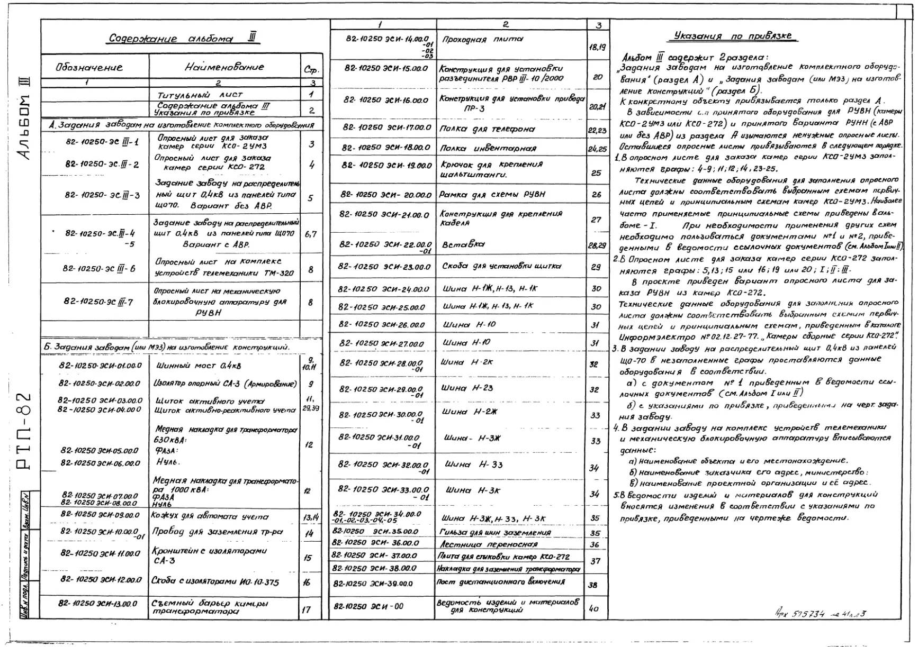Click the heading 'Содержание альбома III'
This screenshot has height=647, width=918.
183,39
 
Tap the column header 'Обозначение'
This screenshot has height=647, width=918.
89,67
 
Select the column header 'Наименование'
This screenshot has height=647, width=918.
224,67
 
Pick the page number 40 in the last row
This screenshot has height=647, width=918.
593,608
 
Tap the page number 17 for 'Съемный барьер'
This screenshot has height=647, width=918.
306,609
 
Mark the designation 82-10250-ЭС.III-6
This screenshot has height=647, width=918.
100,268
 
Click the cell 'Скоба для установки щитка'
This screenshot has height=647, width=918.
501,266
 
